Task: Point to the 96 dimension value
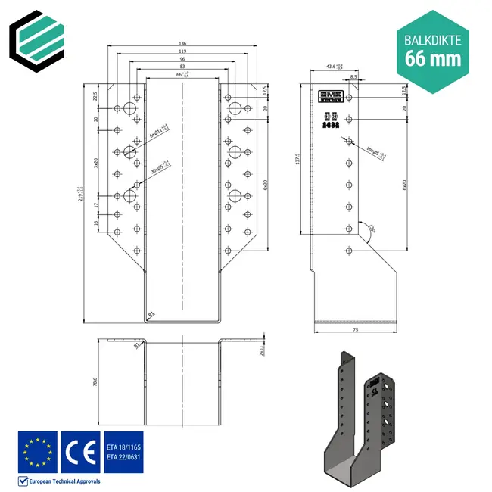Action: pos(182,60)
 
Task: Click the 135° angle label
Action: pos(372,226)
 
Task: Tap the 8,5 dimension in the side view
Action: pos(353,77)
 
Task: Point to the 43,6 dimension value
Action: pos(332,67)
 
